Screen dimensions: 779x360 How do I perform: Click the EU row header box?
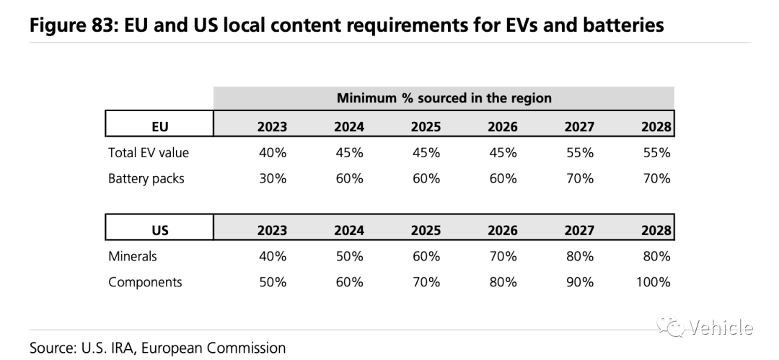(x=159, y=123)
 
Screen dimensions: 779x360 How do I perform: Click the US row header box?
(x=159, y=227)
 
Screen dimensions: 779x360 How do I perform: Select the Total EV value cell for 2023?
(x=273, y=153)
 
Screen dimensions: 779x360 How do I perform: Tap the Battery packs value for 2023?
(x=273, y=178)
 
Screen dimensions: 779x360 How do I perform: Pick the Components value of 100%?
(x=653, y=282)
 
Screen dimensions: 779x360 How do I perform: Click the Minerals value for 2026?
(x=503, y=257)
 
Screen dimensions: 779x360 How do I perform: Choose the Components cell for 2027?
(x=580, y=282)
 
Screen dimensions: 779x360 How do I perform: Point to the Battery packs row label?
(x=146, y=179)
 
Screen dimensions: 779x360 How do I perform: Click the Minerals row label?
(x=132, y=257)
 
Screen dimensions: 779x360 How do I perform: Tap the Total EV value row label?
(x=149, y=153)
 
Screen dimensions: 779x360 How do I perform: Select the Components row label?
(x=145, y=283)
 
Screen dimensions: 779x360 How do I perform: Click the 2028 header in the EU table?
(x=656, y=127)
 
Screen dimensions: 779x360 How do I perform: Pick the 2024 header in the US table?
(x=349, y=231)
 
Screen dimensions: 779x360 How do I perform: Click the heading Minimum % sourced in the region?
(x=444, y=98)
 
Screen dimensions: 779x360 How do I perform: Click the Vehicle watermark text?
(x=721, y=328)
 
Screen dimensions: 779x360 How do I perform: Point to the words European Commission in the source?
(x=214, y=348)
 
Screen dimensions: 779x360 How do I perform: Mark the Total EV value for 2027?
(x=580, y=153)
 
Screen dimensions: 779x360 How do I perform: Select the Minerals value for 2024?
(x=349, y=257)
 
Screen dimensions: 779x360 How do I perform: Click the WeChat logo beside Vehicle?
(x=672, y=326)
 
